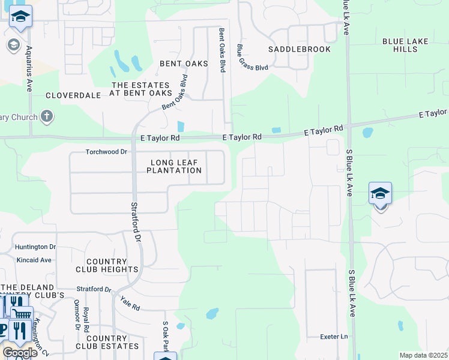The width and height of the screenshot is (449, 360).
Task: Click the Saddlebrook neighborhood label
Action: click(x=299, y=49)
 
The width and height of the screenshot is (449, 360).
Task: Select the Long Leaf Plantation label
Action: click(x=176, y=166)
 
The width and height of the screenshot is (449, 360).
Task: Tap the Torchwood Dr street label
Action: click(x=107, y=152)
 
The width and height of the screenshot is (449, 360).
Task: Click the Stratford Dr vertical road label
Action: click(x=136, y=221)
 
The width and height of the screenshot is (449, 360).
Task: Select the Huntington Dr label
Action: click(x=35, y=247)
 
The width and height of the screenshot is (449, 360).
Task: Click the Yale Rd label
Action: click(x=130, y=304)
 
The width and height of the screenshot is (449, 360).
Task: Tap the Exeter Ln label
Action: click(x=334, y=337)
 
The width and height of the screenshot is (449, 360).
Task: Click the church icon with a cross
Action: click(x=47, y=116)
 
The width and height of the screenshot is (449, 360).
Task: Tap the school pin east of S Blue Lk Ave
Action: click(x=380, y=194)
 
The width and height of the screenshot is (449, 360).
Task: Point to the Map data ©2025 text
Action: click(x=423, y=355)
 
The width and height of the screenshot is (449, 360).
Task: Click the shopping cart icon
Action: click(x=22, y=313)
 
